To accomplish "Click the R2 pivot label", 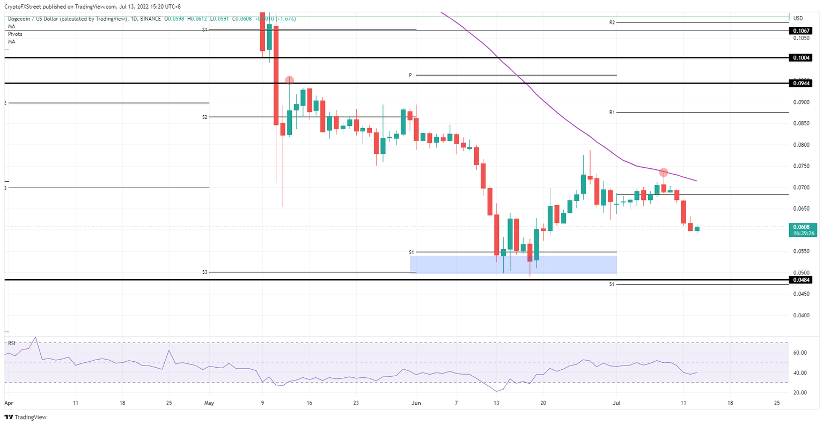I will coord(612,23).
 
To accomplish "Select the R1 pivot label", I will coord(612,112).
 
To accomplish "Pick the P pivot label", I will coord(410,75).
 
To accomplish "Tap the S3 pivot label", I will coord(205,272).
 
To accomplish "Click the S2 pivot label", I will coord(205,117).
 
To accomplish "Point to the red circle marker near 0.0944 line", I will coord(289,80).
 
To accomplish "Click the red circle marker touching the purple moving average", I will coord(664,173).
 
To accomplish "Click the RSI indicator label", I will coord(11,342).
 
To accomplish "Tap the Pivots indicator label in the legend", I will coord(15,34).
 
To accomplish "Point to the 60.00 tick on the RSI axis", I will coord(800,353).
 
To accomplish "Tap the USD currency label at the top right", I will coord(798,18).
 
